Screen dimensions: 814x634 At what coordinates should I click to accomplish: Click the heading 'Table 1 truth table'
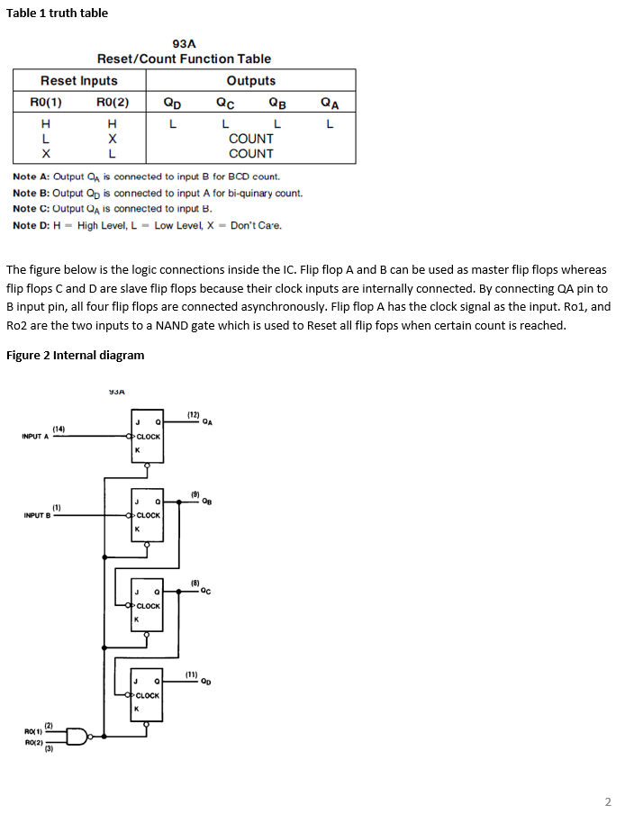[x=57, y=13]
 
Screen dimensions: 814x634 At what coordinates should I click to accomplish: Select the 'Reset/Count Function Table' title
[x=184, y=59]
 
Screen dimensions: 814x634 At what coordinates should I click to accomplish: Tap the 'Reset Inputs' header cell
[x=79, y=81]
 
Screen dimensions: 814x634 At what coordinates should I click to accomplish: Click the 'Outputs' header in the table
[x=251, y=81]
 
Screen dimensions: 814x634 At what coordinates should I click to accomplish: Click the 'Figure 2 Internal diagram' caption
[x=75, y=355]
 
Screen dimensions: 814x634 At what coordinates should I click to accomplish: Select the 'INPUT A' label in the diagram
[x=35, y=437]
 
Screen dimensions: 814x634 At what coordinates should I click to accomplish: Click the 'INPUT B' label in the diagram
[x=35, y=515]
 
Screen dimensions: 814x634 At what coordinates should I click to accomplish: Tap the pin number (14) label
[x=59, y=428]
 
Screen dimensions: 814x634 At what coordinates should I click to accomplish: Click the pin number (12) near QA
[x=193, y=414]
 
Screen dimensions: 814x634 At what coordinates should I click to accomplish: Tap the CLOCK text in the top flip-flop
[x=148, y=437]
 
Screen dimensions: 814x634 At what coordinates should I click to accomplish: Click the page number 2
[x=608, y=801]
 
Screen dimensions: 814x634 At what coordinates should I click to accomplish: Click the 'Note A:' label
[x=31, y=176]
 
